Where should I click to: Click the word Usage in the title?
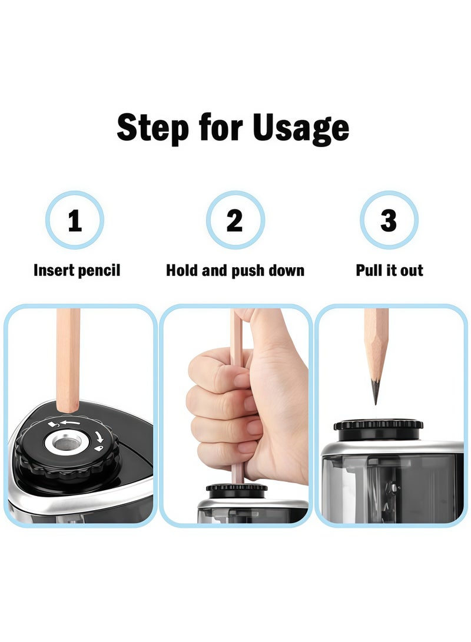coord(301,128)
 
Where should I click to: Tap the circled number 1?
coord(75,220)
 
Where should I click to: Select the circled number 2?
coord(235,220)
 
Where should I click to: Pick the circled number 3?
coord(389,220)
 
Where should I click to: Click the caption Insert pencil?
coord(77,271)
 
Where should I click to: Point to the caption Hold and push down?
coord(235,271)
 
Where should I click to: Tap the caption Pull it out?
coord(389,271)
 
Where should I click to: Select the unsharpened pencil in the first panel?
coord(68,359)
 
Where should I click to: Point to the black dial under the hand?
coord(237,489)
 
